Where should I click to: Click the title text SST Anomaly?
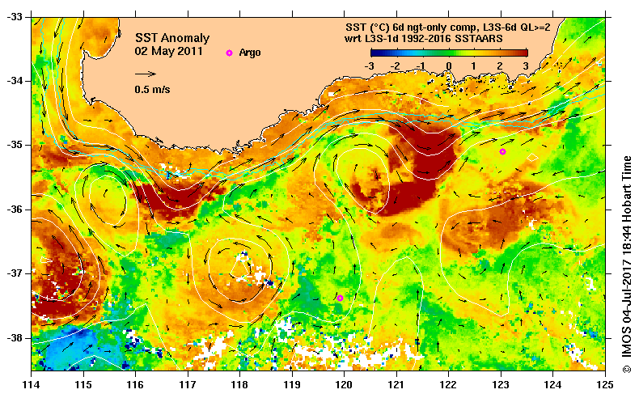pos(171,38)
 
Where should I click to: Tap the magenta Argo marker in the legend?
pos(229,53)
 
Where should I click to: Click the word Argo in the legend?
pos(250,53)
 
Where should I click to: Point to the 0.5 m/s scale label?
pos(152,89)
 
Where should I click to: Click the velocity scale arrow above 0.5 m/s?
pos(146,74)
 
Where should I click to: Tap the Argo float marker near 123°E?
pos(502,151)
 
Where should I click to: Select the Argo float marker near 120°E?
pos(341,298)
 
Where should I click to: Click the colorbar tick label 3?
pos(527,66)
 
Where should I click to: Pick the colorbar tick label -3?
pos(369,66)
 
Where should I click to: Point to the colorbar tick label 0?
pos(449,66)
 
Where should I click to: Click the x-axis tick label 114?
pos(32,383)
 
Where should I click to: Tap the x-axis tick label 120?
pos(345,383)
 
